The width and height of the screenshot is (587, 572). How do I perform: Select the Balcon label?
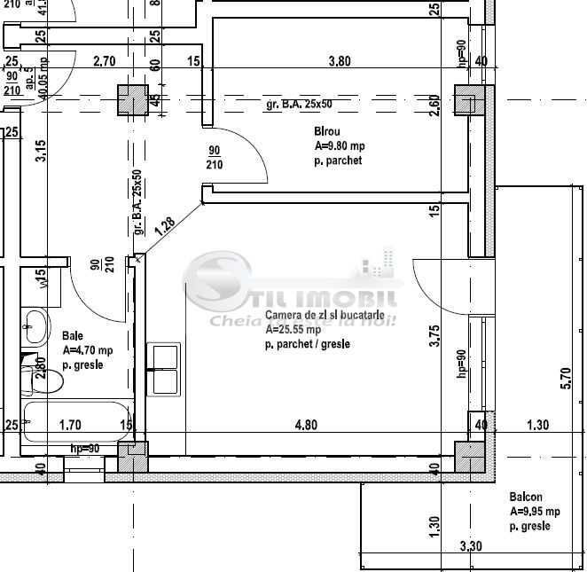(526, 498)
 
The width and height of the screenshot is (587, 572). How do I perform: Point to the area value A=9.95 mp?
(535, 512)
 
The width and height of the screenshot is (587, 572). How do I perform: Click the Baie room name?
(73, 336)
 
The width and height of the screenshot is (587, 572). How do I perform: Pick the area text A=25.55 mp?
(293, 329)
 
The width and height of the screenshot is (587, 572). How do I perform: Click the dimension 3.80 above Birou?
(340, 61)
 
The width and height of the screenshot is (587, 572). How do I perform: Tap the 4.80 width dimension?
(306, 425)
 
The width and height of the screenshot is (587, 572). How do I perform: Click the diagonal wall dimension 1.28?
(164, 225)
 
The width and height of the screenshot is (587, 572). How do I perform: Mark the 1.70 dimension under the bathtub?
(70, 425)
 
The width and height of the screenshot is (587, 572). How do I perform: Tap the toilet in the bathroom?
(49, 380)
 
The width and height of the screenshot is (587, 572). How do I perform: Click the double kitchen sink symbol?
(166, 369)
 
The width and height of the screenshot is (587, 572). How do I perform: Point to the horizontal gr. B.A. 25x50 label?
(299, 105)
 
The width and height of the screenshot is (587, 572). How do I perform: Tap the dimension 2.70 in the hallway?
(105, 61)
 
